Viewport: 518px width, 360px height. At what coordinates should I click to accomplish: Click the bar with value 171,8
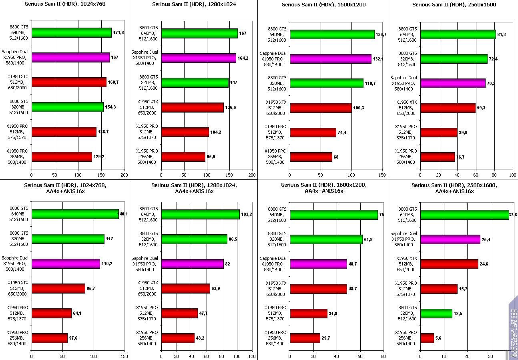(71, 33)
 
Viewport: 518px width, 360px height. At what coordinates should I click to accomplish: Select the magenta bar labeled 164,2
(199, 58)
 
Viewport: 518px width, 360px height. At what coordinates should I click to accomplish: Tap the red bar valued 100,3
(321, 108)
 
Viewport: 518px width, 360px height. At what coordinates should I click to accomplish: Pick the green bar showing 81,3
(458, 34)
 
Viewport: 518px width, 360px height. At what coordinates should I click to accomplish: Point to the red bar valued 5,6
(427, 338)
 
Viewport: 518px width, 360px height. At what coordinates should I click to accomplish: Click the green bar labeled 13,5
(436, 314)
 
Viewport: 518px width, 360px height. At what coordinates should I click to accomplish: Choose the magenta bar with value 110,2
(66, 264)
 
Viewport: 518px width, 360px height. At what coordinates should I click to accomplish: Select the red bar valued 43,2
(178, 338)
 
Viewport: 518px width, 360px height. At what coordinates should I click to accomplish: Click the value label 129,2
(99, 157)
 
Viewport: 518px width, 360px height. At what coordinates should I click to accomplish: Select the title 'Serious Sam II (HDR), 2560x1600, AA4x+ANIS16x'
(454, 188)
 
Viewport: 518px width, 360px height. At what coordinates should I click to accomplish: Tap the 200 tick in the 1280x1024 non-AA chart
(252, 175)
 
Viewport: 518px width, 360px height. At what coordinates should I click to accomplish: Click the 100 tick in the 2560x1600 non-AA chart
(513, 175)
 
